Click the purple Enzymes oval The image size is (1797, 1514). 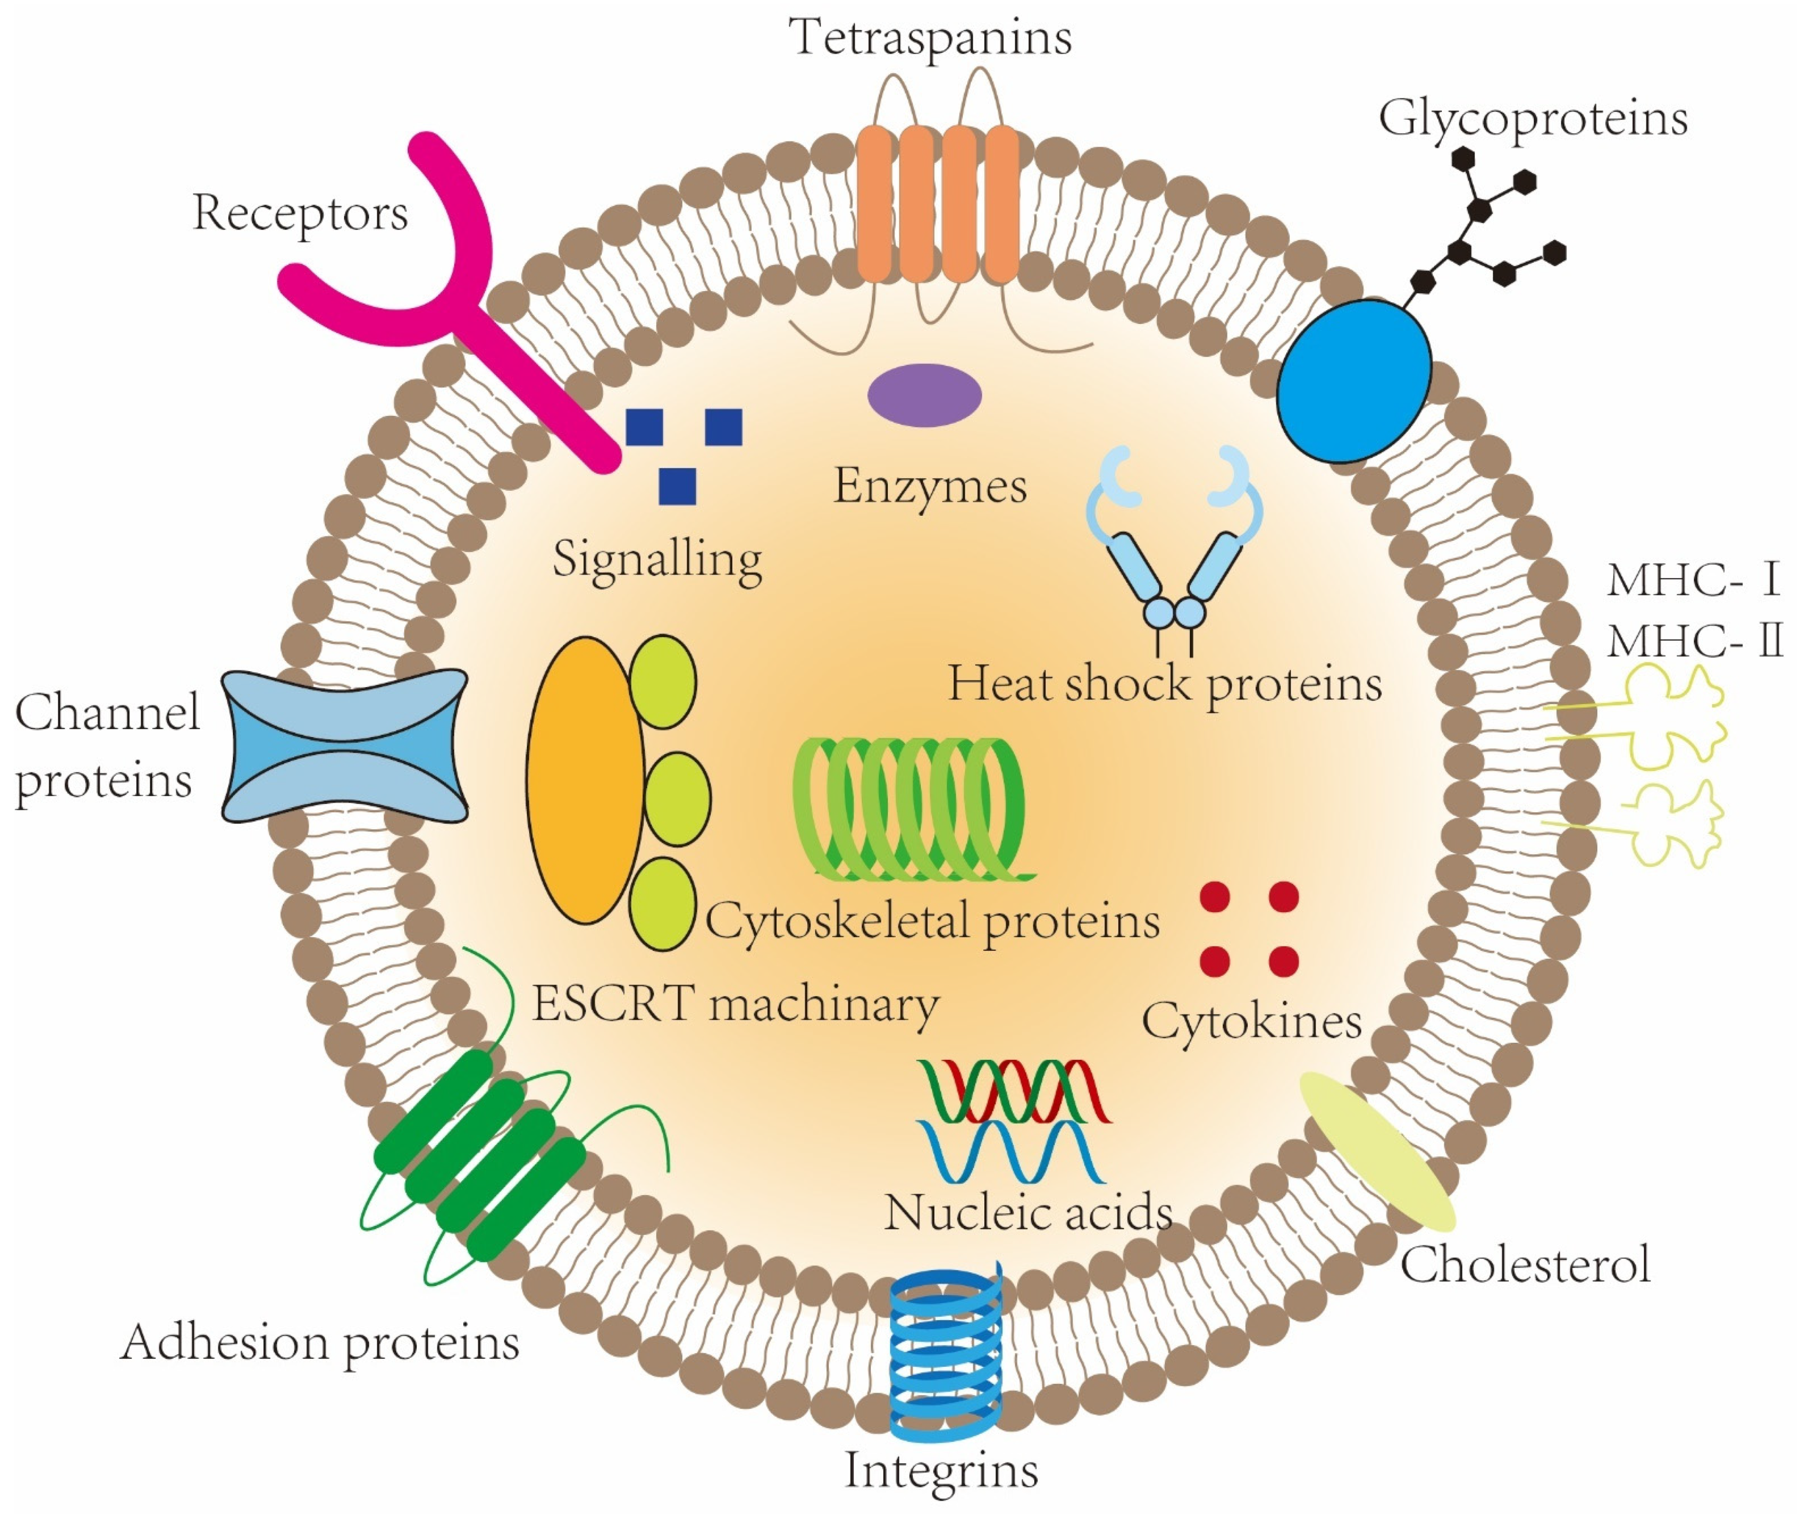(x=924, y=395)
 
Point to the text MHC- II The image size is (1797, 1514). (x=1694, y=640)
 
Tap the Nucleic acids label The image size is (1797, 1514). (x=1028, y=1213)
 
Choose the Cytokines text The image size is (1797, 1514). (x=1251, y=1021)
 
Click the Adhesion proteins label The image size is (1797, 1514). (x=320, y=1343)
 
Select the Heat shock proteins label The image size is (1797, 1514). (x=1164, y=685)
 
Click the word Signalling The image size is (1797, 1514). (x=658, y=560)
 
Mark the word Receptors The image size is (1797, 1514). (x=300, y=213)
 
